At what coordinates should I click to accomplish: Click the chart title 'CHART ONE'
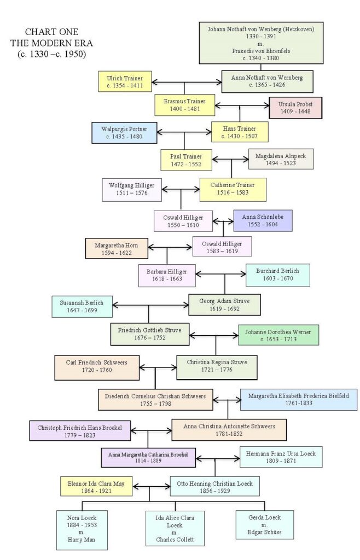tap(51, 32)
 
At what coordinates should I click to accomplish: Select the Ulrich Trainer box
tap(125, 82)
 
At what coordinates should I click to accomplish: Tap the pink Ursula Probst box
tap(295, 108)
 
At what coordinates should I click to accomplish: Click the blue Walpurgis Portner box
tap(124, 132)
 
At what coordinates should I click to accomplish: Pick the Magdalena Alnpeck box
tap(281, 159)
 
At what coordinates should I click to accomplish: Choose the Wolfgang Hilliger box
tap(132, 189)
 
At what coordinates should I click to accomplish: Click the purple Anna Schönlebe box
tap(263, 220)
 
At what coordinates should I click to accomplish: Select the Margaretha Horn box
tap(117, 249)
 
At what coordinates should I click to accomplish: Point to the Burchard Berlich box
tap(278, 275)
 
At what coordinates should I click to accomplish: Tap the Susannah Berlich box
tap(82, 306)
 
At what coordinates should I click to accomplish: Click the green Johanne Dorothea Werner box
tap(278, 335)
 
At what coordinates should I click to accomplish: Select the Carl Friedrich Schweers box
tap(97, 367)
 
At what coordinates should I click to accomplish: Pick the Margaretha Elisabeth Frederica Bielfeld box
tap(299, 400)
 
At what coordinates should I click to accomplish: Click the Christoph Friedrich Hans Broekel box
tap(80, 431)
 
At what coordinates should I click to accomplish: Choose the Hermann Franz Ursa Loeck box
tap(281, 457)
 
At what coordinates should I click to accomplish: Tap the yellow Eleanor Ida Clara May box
tap(96, 486)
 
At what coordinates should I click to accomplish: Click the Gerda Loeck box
tap(265, 524)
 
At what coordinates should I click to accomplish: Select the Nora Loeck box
tap(82, 529)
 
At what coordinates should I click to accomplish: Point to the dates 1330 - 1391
tap(261, 37)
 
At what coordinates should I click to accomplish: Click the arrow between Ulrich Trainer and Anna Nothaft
tap(187, 83)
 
